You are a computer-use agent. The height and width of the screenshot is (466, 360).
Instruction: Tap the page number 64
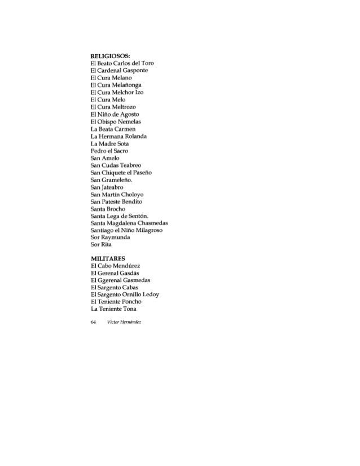pyautogui.click(x=94, y=322)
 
